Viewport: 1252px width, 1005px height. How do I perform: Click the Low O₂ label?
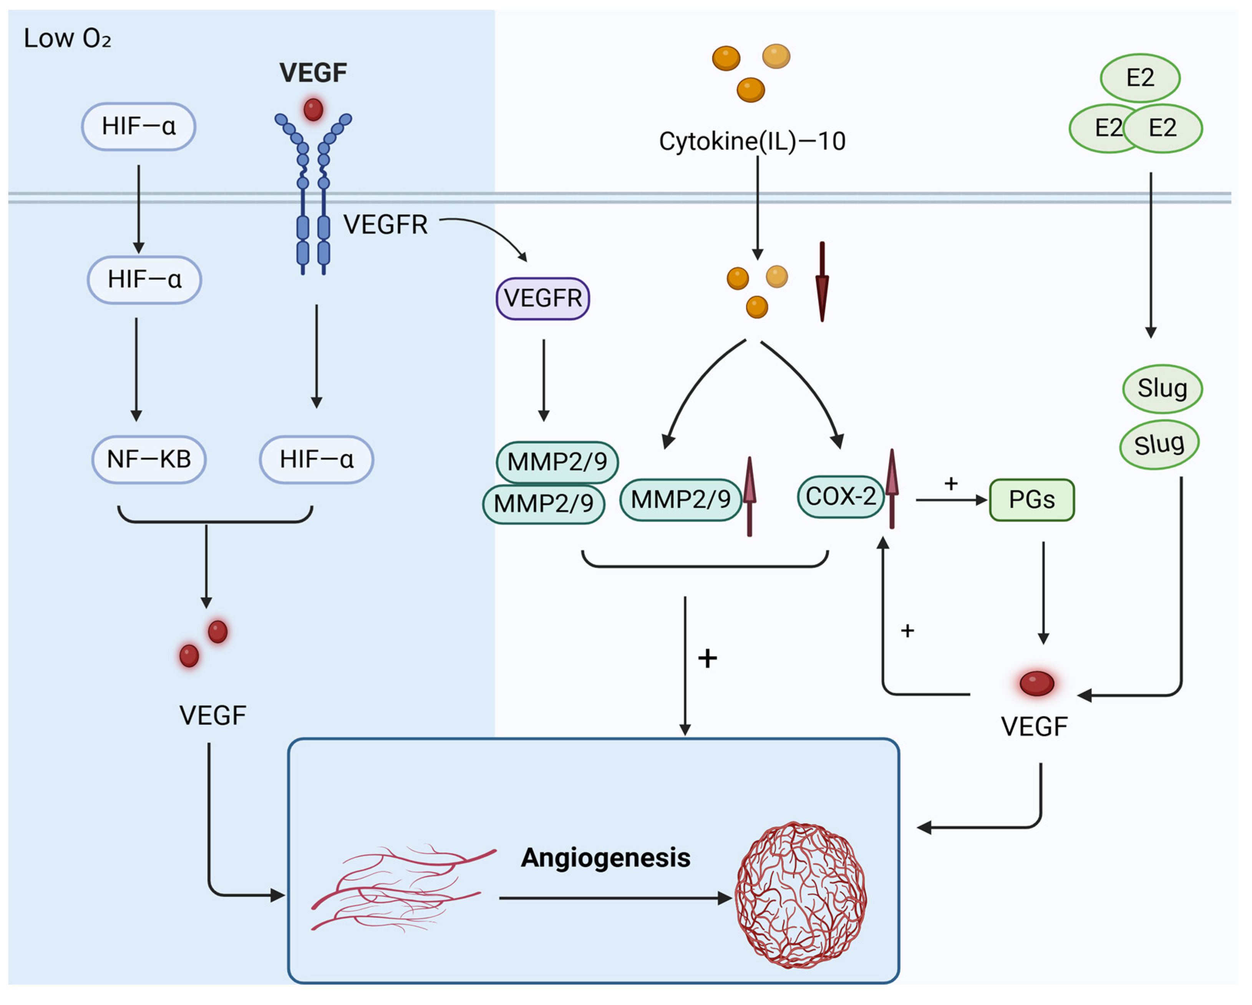point(67,38)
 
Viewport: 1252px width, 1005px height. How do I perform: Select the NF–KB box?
point(149,460)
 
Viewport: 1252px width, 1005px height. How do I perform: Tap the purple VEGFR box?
point(542,299)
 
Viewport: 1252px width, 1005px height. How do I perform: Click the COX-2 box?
point(840,497)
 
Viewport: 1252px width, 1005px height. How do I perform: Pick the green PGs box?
point(1031,500)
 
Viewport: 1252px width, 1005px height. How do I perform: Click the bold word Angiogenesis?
point(605,858)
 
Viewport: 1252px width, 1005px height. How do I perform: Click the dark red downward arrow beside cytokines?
point(822,282)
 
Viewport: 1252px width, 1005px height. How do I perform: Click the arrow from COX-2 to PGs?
point(950,500)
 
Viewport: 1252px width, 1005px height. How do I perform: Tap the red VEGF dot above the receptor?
point(313,109)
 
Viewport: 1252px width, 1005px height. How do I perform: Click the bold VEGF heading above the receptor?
point(313,73)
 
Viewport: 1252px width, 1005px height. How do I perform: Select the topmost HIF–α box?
point(138,127)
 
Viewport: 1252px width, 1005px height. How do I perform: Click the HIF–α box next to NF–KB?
point(317,460)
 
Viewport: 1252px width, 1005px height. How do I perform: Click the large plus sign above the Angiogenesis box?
point(707,658)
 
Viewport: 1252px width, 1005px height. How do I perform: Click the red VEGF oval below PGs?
point(1036,683)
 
